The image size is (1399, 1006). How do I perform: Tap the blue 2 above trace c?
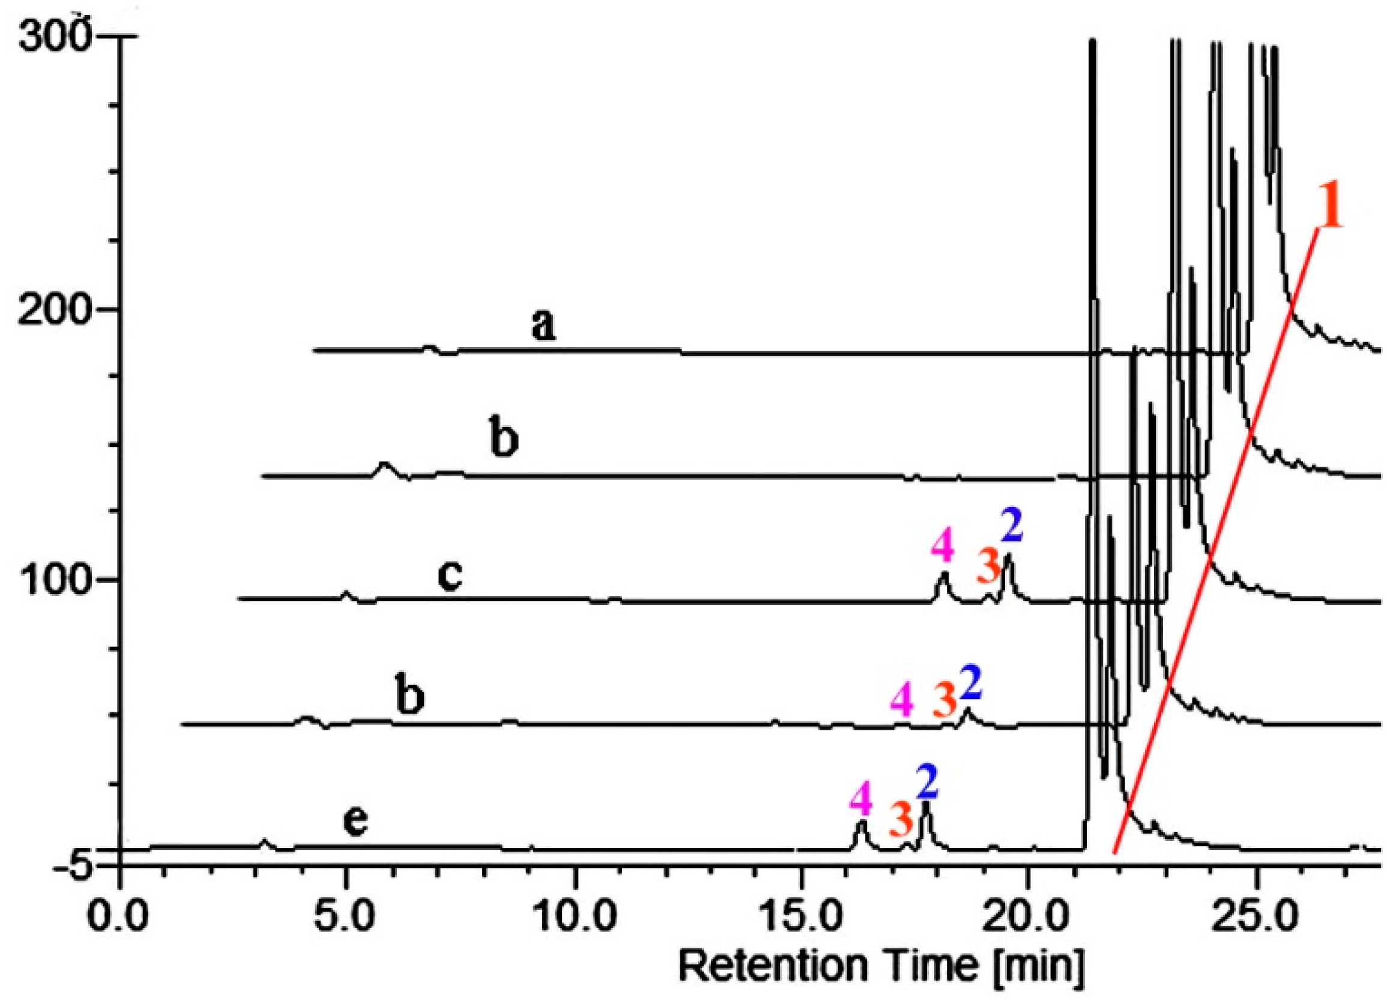1012,529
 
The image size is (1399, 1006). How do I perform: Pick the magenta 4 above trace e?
862,800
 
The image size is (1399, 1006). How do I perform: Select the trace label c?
450,577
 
